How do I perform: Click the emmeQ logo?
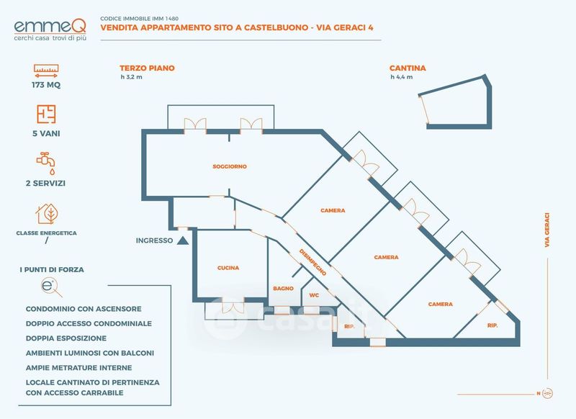pyautogui.click(x=50, y=30)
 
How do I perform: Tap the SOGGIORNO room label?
pyautogui.click(x=230, y=166)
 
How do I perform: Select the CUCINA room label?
pyautogui.click(x=228, y=268)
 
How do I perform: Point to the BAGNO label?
pyautogui.click(x=283, y=289)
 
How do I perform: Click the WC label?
pyautogui.click(x=314, y=295)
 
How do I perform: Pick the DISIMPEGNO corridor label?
pyautogui.click(x=312, y=262)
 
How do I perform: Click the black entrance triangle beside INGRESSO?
pyautogui.click(x=183, y=240)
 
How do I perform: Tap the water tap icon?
pyautogui.click(x=46, y=163)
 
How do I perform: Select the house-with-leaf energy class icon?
pyautogui.click(x=47, y=214)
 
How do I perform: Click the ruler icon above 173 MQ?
pyautogui.click(x=46, y=71)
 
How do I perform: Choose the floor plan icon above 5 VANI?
pyautogui.click(x=46, y=114)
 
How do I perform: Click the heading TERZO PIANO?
pyautogui.click(x=147, y=68)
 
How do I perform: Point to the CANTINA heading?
pyautogui.click(x=408, y=68)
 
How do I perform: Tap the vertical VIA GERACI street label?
pyautogui.click(x=547, y=230)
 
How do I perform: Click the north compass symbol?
pyautogui.click(x=548, y=393)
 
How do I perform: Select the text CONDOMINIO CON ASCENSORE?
pyautogui.click(x=84, y=309)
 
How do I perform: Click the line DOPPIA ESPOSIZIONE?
pyautogui.click(x=66, y=338)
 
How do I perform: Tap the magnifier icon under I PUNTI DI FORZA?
pyautogui.click(x=51, y=287)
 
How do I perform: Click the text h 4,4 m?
pyautogui.click(x=402, y=77)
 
